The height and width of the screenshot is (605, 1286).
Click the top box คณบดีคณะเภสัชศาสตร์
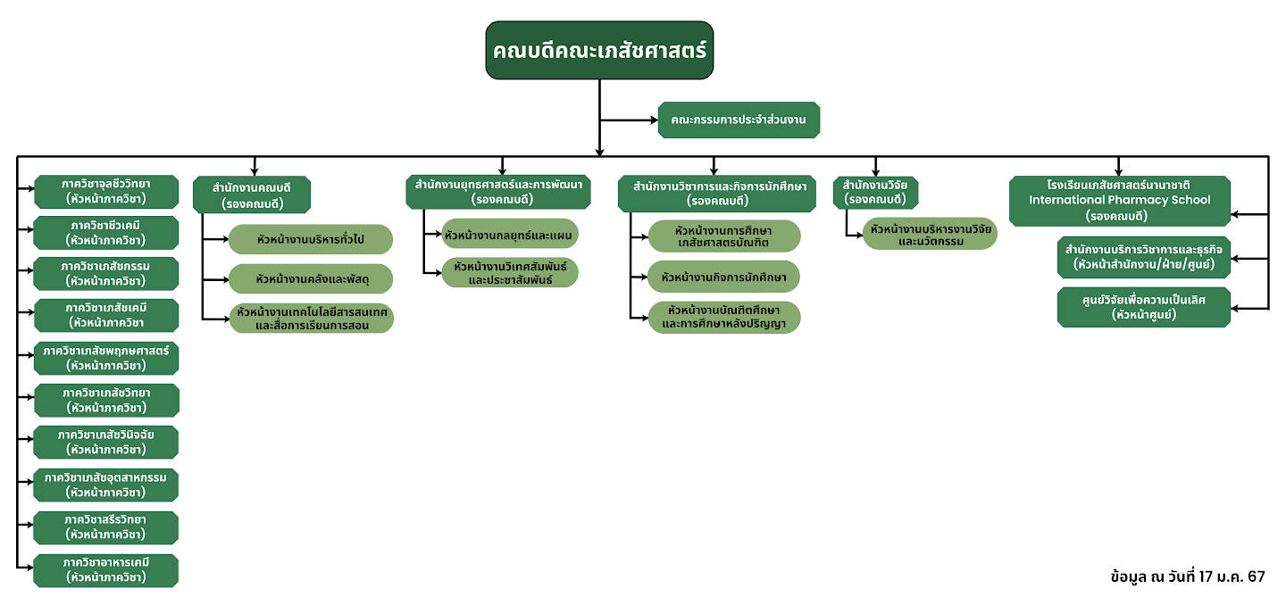pyautogui.click(x=599, y=51)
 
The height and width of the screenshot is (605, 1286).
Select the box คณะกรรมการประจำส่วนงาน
pyautogui.click(x=739, y=120)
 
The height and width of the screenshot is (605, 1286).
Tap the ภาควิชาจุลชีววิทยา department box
pyautogui.click(x=106, y=191)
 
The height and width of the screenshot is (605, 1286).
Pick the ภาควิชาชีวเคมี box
pyautogui.click(x=106, y=232)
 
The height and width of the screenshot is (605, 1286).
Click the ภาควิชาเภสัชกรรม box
pyautogui.click(x=106, y=274)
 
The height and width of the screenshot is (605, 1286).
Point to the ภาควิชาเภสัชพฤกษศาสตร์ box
pyautogui.click(x=106, y=358)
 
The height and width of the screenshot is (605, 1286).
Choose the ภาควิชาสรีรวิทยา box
pyautogui.click(x=106, y=527)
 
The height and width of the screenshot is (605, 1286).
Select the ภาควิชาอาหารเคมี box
pyautogui.click(x=106, y=570)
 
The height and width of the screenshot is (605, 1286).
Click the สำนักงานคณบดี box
pyautogui.click(x=251, y=195)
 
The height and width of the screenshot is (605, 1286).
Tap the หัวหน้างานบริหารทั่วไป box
pyautogui.click(x=311, y=239)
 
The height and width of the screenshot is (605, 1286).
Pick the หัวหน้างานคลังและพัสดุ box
pyautogui.click(x=311, y=279)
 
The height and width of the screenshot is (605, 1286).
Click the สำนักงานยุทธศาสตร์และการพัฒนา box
pyautogui.click(x=498, y=192)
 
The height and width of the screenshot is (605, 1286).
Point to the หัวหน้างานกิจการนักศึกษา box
pyautogui.click(x=723, y=277)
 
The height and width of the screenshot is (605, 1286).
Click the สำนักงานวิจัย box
pyautogui.click(x=875, y=192)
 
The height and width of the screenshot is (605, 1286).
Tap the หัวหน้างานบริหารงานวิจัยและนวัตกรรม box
pyautogui.click(x=930, y=235)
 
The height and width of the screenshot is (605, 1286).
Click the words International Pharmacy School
pyautogui.click(x=1119, y=200)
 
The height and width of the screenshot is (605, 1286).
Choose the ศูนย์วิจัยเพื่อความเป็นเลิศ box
pyautogui.click(x=1144, y=307)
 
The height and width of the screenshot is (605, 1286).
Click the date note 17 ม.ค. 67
pyautogui.click(x=1235, y=576)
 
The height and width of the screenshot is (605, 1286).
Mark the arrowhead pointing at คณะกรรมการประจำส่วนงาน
pyautogui.click(x=655, y=120)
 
